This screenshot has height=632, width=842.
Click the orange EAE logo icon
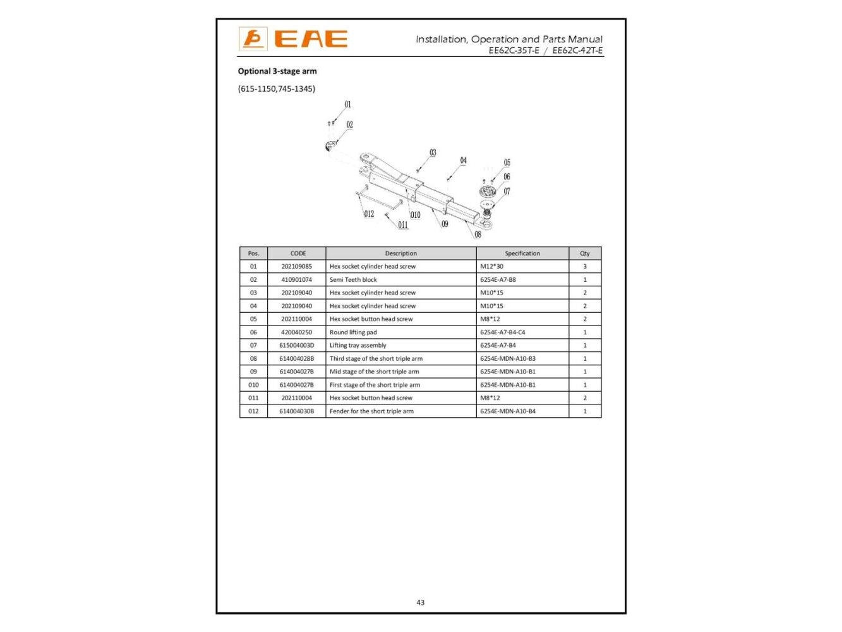pyautogui.click(x=253, y=39)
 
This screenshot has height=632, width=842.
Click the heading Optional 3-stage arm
pyautogui.click(x=277, y=71)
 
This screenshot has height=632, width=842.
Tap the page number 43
pyautogui.click(x=421, y=602)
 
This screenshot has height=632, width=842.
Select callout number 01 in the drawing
pyautogui.click(x=347, y=105)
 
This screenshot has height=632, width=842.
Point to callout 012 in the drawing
pyautogui.click(x=369, y=214)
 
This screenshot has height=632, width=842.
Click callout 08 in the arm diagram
pyautogui.click(x=478, y=234)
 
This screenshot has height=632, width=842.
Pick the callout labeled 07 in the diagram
pyautogui.click(x=507, y=191)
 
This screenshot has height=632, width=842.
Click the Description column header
pyautogui.click(x=401, y=253)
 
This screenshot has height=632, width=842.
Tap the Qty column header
pyautogui.click(x=585, y=253)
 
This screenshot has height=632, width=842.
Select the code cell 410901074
pyautogui.click(x=297, y=279)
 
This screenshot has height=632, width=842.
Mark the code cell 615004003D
pyautogui.click(x=297, y=346)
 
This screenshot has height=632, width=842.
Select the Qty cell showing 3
pyautogui.click(x=585, y=267)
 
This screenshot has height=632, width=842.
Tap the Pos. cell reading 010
pyautogui.click(x=253, y=385)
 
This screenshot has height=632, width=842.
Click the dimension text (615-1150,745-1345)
pyautogui.click(x=277, y=88)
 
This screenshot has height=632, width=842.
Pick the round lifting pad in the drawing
pyautogui.click(x=487, y=191)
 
